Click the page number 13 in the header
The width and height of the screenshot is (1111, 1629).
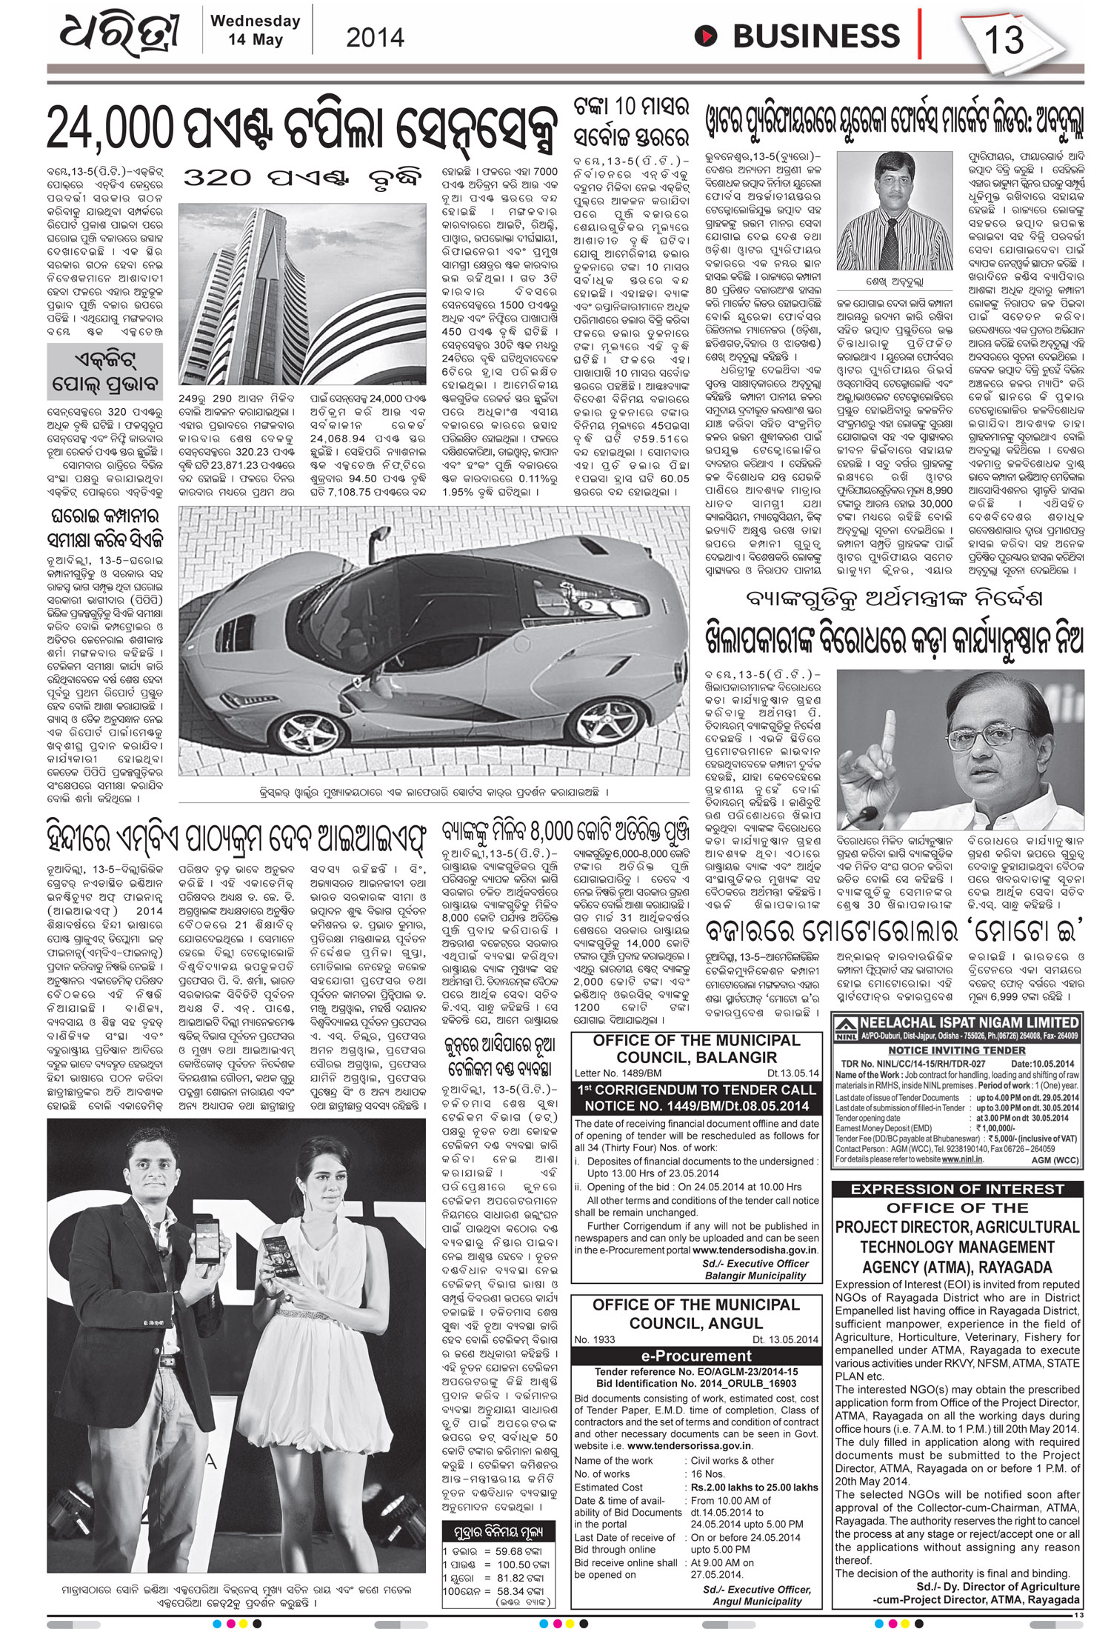coord(1004,39)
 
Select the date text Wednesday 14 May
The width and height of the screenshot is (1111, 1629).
coord(255,30)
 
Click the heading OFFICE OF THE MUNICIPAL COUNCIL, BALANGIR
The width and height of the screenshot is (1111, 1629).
coord(696,1049)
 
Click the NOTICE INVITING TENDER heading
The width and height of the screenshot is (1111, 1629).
coord(956,1050)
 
